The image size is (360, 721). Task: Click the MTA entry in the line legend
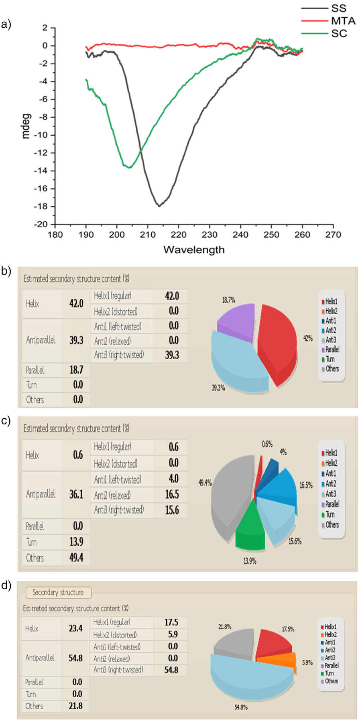click(x=343, y=21)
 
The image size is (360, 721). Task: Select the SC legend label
click(x=339, y=33)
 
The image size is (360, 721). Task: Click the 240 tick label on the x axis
click(x=240, y=235)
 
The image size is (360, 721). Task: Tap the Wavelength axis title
click(x=194, y=250)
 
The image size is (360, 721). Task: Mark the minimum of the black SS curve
click(x=159, y=206)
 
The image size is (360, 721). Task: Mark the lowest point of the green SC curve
click(x=129, y=167)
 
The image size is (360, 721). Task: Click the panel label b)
click(x=6, y=271)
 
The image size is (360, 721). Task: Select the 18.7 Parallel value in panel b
click(x=76, y=370)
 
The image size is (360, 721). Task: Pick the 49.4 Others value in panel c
click(x=76, y=558)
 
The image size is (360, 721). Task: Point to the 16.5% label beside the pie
click(x=306, y=485)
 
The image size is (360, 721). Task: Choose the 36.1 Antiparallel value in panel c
click(x=76, y=494)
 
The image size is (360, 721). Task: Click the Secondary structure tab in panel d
click(x=58, y=592)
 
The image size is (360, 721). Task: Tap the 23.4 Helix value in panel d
click(x=75, y=628)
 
